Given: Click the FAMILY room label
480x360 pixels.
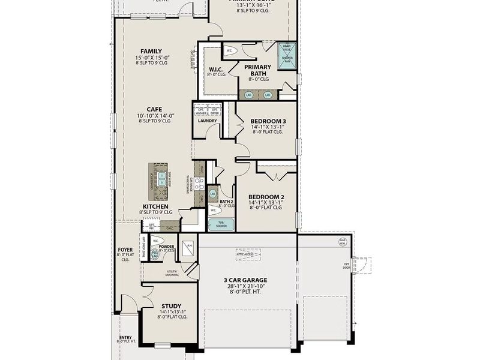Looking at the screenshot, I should click(x=151, y=51).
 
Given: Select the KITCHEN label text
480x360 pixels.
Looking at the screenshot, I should click(x=155, y=206).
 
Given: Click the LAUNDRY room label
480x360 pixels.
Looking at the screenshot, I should click(x=207, y=121).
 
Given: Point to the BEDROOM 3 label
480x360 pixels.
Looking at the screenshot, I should click(x=268, y=121).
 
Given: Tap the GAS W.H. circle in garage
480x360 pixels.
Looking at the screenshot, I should click(x=343, y=242).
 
